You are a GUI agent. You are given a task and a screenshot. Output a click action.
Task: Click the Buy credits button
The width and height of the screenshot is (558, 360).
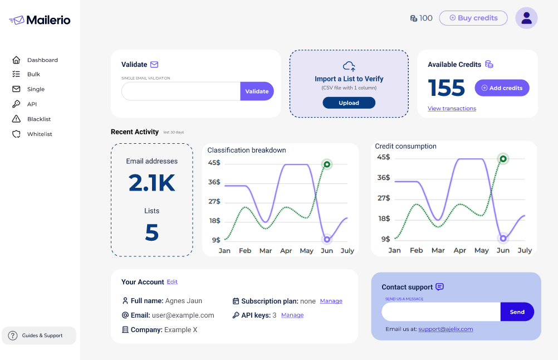point(473,18)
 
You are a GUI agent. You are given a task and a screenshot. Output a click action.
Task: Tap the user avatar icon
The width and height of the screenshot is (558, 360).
point(526,18)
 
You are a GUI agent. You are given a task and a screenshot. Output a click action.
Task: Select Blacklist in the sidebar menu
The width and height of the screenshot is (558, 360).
point(38,119)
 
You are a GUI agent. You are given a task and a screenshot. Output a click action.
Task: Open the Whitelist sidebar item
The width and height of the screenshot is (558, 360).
point(39,134)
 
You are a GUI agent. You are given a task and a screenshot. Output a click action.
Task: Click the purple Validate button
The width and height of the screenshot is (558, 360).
point(257,91)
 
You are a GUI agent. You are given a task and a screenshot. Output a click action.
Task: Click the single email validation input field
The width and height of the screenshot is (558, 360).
point(181,91)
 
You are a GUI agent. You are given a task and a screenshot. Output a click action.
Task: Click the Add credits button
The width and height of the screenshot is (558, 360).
point(502,88)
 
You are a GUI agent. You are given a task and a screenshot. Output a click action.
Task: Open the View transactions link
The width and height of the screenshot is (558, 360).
point(452,109)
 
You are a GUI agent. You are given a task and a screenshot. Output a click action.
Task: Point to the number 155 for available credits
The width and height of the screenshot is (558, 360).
point(446,88)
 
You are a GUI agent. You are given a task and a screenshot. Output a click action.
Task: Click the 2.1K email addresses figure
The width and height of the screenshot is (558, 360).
point(152,183)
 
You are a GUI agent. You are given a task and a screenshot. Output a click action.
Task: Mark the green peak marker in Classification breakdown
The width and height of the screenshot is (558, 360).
point(327,164)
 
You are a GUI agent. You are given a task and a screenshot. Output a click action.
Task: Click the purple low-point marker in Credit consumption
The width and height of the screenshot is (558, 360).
point(503,239)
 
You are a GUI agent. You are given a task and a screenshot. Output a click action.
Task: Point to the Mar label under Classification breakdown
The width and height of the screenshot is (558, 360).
point(266,251)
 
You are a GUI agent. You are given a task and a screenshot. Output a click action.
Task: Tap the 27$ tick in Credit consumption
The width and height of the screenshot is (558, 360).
point(384,198)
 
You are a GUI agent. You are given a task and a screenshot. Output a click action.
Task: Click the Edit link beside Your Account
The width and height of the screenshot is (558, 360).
point(172,282)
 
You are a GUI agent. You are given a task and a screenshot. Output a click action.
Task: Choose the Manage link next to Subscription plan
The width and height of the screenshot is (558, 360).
point(331,301)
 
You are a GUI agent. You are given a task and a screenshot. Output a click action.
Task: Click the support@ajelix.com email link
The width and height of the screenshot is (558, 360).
point(446,329)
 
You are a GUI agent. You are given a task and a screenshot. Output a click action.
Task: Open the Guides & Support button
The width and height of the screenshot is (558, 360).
point(39,335)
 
